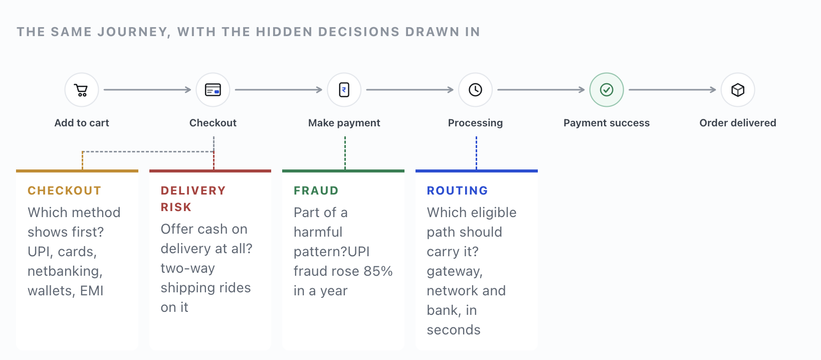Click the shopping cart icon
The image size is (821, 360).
81,90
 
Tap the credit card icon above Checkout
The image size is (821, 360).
213,90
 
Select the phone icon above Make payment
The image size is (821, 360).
344,90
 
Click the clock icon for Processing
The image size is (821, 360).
475,90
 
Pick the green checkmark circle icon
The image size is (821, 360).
606,90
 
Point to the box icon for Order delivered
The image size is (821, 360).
738,90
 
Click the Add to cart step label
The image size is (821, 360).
82,123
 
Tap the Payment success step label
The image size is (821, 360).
606,123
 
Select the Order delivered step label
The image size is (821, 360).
738,123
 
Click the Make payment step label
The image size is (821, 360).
344,123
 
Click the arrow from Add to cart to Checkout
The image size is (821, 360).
147,90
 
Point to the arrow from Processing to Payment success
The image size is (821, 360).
541,90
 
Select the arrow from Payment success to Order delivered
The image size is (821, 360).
672,90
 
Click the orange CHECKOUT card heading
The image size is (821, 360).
65,191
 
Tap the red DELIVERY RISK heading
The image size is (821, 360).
193,199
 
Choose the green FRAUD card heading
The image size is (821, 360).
316,191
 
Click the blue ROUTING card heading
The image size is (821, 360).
458,191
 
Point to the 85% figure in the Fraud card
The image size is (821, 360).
378,271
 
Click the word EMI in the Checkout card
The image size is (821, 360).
92,291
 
